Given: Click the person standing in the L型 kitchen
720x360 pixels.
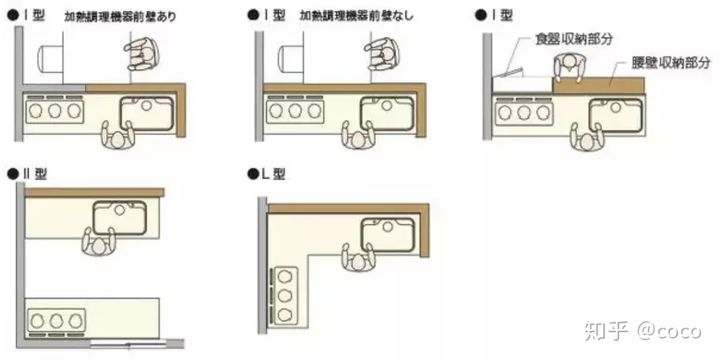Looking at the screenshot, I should pyautogui.click(x=359, y=260).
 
